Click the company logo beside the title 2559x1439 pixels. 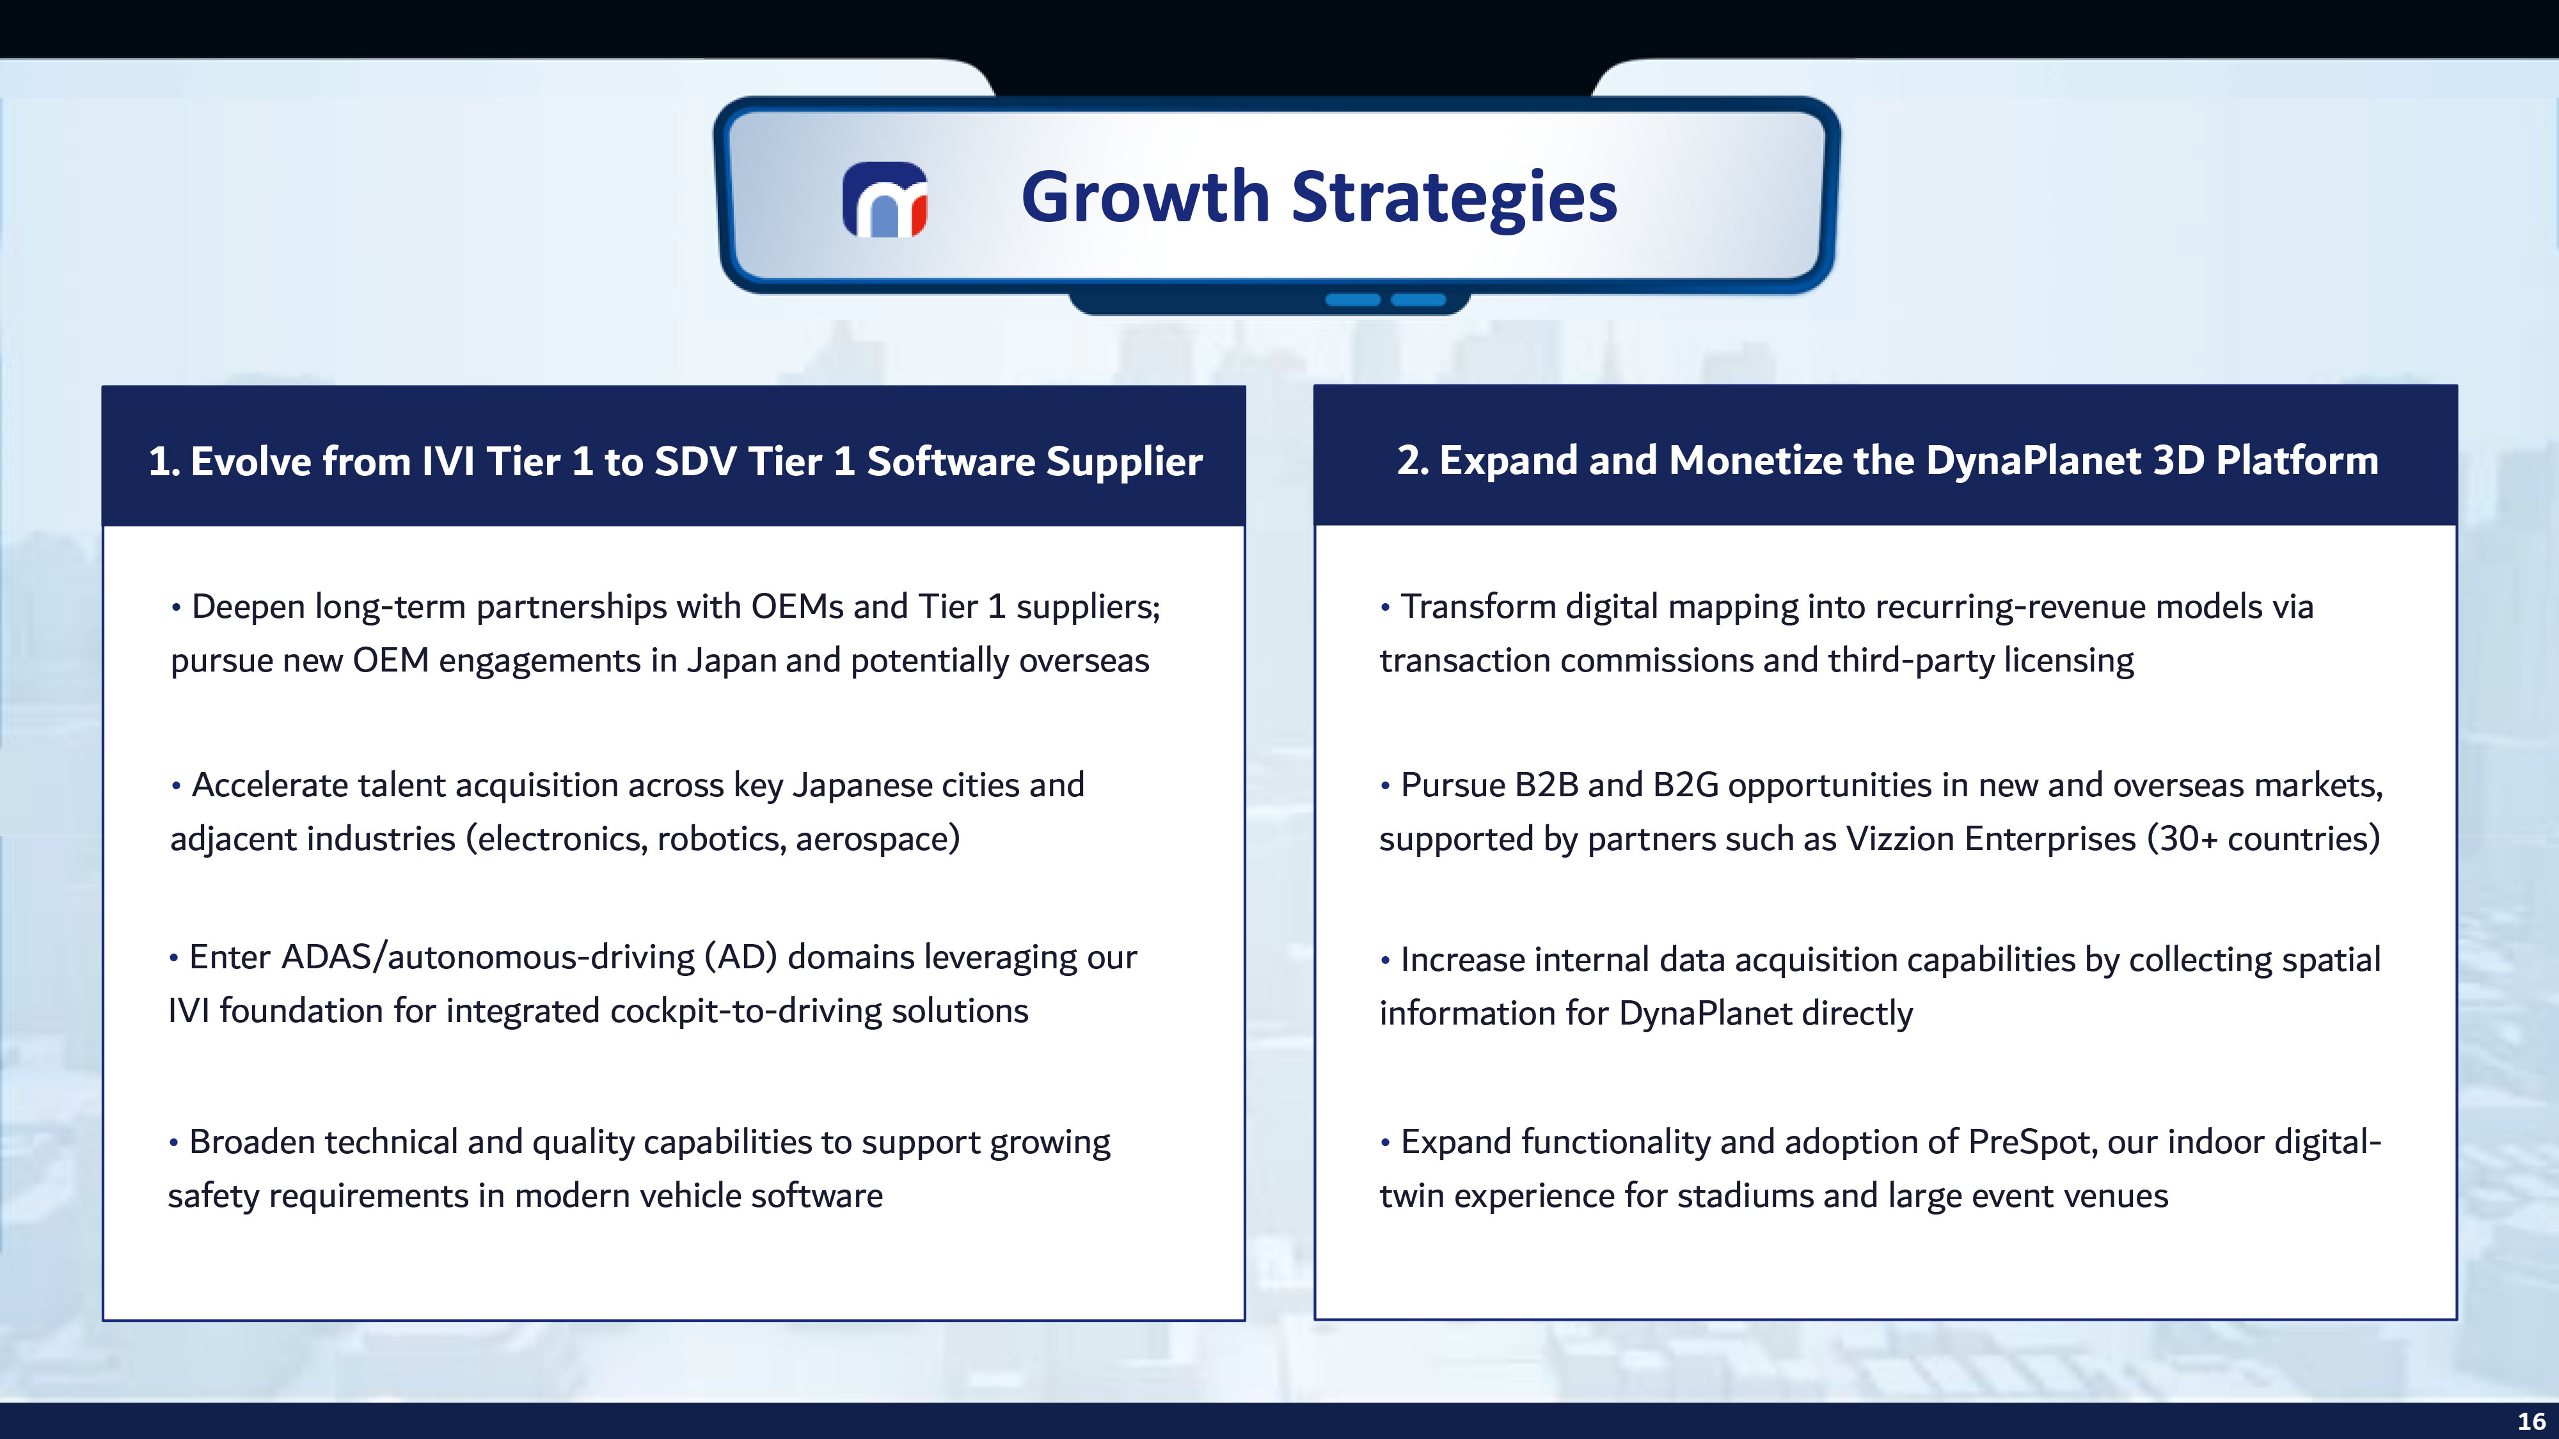(x=884, y=200)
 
